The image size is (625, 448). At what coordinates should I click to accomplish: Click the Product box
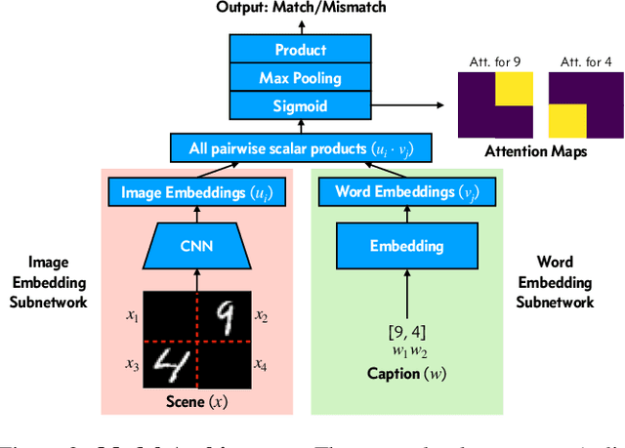[300, 50]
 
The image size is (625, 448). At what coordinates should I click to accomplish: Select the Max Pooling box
[300, 77]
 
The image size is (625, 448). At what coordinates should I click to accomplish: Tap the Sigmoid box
[300, 105]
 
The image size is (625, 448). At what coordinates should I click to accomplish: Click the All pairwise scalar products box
[300, 149]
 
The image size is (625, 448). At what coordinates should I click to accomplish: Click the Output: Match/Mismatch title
[300, 9]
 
